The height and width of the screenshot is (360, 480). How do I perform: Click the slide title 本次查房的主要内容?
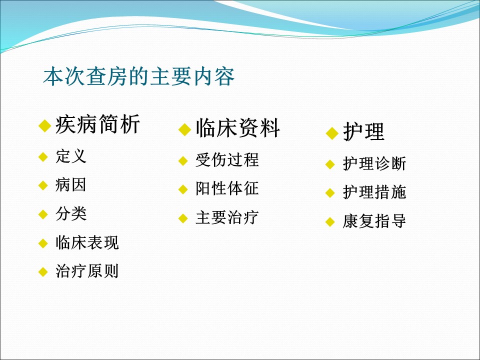click(138, 76)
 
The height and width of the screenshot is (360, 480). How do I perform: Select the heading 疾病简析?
click(97, 124)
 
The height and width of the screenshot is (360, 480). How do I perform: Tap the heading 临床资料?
click(238, 128)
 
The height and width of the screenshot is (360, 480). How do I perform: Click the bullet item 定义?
click(71, 156)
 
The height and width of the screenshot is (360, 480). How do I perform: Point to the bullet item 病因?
click(70, 185)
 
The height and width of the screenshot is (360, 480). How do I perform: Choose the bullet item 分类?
click(71, 213)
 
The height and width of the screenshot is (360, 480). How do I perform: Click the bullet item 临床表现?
click(87, 242)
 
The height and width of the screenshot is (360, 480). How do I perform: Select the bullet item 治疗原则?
click(87, 271)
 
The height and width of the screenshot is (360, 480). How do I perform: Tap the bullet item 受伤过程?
click(227, 160)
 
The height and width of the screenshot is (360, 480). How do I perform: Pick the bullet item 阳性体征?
click(227, 188)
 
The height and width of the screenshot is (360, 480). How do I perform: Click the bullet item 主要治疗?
click(227, 217)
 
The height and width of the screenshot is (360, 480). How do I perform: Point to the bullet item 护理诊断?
click(374, 163)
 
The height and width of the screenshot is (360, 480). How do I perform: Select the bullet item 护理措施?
click(374, 192)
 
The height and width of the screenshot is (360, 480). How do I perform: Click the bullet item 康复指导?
click(374, 221)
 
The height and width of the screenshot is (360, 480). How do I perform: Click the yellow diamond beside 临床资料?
click(184, 129)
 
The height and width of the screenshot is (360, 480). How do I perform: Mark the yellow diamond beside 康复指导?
click(330, 222)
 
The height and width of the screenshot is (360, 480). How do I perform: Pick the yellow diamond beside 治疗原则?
click(43, 272)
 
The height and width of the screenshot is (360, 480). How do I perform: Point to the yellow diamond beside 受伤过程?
click(183, 160)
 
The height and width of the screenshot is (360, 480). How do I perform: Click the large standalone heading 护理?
click(363, 131)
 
